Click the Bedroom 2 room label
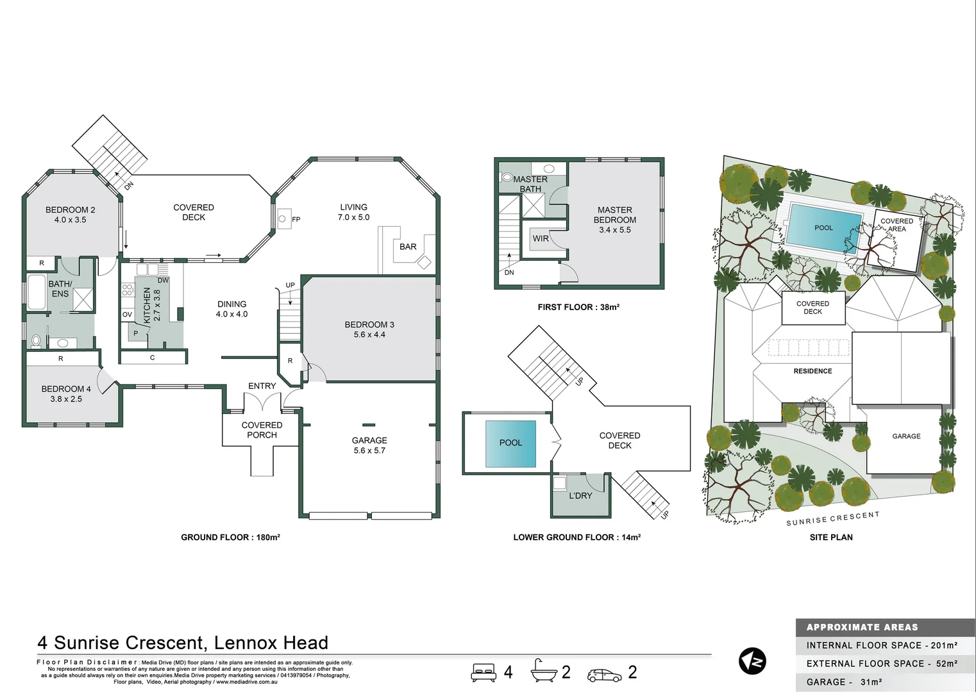pos(70,215)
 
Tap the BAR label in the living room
pos(408,247)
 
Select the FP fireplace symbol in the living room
pos(283,219)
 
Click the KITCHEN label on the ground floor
pos(147,305)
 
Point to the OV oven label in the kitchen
pos(127,315)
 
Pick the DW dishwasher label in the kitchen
pos(163,280)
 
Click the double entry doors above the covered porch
pos(262,402)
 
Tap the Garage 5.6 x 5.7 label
pos(369,445)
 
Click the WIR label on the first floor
pos(541,238)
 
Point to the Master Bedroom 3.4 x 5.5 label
pos(614,220)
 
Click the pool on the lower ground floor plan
pos(510,443)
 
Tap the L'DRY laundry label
pos(580,496)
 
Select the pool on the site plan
pos(824,228)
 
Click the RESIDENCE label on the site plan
pos(812,371)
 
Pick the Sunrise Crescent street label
pos(832,519)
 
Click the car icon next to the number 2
pos(604,675)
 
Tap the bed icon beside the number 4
pos(484,672)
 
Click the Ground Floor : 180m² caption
pos(230,537)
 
